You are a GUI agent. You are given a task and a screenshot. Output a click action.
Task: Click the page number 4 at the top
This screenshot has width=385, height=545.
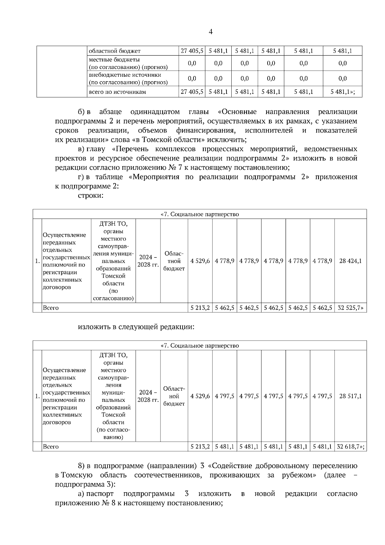(x=211, y=31)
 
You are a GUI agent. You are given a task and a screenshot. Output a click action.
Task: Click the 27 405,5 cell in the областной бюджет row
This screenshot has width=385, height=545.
(x=192, y=51)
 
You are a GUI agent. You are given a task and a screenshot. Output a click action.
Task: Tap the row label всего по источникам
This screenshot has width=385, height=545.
(x=117, y=92)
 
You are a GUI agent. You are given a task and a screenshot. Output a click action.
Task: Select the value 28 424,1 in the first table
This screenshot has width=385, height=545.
(x=350, y=261)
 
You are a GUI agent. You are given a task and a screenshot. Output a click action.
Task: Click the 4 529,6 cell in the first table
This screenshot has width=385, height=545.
(x=200, y=261)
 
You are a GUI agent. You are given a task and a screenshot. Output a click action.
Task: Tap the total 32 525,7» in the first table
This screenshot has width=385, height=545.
(x=350, y=308)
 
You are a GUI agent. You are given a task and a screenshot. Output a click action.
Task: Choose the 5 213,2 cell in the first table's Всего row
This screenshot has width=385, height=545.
(x=200, y=308)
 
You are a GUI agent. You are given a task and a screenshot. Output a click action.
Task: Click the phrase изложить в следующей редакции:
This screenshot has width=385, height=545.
(x=136, y=327)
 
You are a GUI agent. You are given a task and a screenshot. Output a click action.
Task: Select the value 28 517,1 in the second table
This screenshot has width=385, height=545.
(x=350, y=396)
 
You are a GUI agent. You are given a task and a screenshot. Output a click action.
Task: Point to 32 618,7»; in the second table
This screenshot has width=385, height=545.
(x=350, y=446)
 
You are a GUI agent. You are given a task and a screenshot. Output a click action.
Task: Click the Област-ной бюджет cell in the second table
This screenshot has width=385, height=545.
(x=174, y=396)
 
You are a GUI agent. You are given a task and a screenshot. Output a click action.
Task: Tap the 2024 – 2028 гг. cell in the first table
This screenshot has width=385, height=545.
(x=148, y=261)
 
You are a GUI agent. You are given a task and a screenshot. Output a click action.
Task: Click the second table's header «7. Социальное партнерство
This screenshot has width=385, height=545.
(x=200, y=346)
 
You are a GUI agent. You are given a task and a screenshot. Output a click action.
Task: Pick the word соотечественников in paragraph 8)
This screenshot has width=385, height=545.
(x=168, y=475)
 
